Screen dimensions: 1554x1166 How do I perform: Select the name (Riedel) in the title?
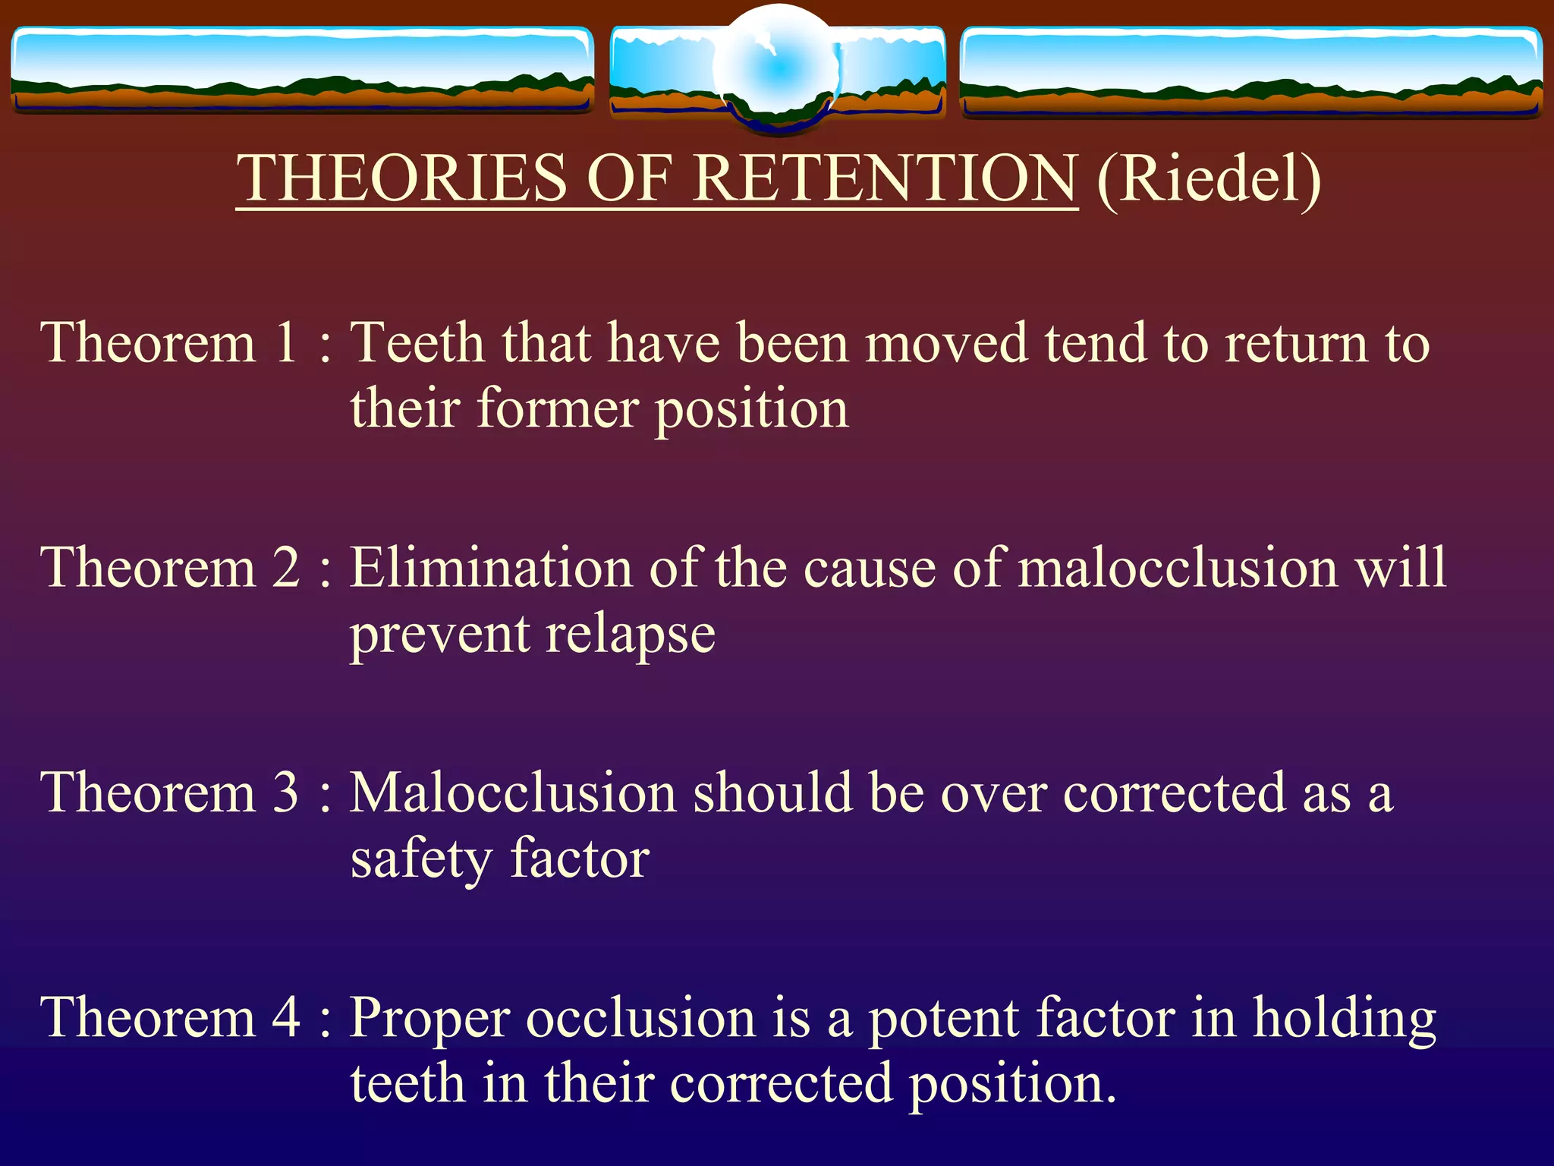coord(1209,179)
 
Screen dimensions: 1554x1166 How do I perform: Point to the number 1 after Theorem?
coord(285,343)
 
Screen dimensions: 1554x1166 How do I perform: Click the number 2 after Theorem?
coord(286,568)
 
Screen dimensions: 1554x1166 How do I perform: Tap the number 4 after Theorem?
coord(286,1018)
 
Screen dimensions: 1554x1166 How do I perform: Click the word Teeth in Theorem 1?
coord(417,343)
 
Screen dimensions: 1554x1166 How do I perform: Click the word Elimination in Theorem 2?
coord(491,568)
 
